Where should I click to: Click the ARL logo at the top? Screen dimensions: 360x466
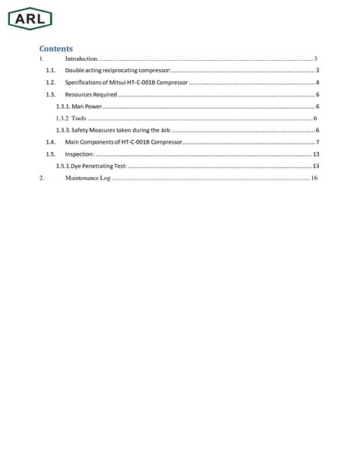(x=29, y=17)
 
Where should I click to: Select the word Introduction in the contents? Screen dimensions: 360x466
(x=81, y=59)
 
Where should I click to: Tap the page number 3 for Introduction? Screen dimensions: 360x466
(x=315, y=59)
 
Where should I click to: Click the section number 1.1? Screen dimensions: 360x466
(x=50, y=70)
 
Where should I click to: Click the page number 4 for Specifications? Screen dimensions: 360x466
(x=317, y=82)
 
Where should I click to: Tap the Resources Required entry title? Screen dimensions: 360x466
(x=92, y=94)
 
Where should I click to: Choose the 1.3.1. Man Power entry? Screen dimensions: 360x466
(x=78, y=106)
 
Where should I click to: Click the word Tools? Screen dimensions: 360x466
(x=77, y=119)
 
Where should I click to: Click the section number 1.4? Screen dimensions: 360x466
(x=50, y=142)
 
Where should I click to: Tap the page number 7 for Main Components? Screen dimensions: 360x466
(x=317, y=142)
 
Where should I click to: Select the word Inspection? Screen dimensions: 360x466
(x=79, y=154)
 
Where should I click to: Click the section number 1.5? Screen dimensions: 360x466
(x=50, y=154)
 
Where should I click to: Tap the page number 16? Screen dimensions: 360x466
(x=314, y=178)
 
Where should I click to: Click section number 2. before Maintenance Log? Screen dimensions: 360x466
(x=42, y=178)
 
